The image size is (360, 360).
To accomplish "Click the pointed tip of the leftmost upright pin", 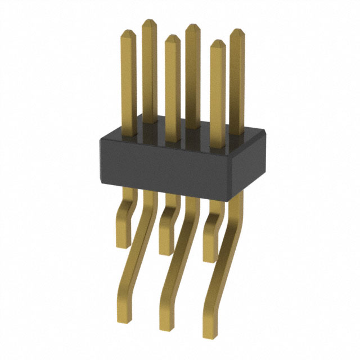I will pyautogui.click(x=128, y=31).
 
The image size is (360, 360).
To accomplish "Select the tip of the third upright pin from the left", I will pyautogui.click(x=173, y=37).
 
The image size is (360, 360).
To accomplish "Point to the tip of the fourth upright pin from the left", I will pyautogui.click(x=193, y=26).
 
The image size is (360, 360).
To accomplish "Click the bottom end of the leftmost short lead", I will pyautogui.click(x=123, y=245).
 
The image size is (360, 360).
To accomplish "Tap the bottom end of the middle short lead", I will pyautogui.click(x=165, y=253).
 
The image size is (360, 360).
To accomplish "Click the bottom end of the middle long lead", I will pyautogui.click(x=166, y=328).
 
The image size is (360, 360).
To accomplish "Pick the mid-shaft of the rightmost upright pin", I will pyautogui.click(x=237, y=84).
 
